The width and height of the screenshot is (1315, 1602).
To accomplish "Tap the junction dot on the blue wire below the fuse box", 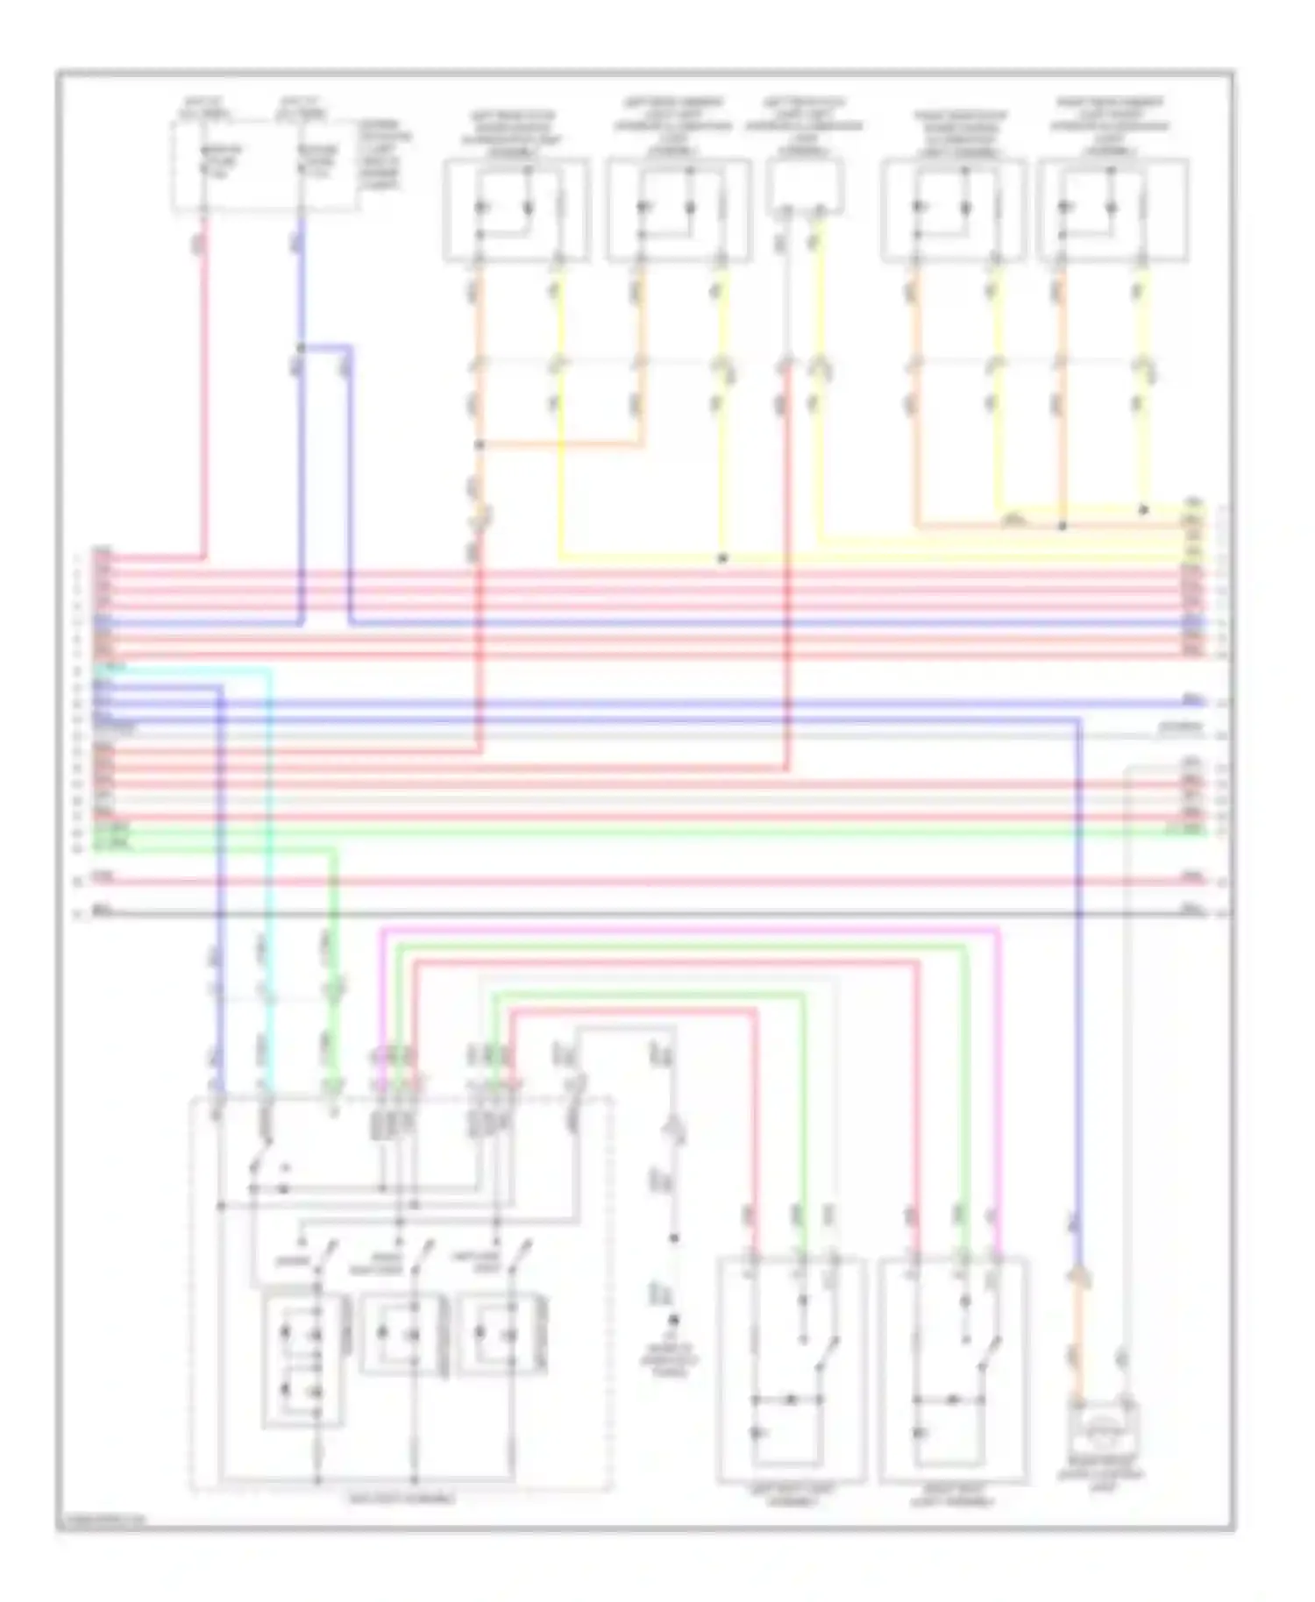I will point(302,348).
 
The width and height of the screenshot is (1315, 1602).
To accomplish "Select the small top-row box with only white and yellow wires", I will point(805,187).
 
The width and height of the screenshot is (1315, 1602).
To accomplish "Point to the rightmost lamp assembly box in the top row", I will point(1112,210).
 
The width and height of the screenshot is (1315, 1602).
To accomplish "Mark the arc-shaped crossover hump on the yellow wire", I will point(1014,521).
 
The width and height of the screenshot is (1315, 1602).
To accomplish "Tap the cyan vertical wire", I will point(267,876).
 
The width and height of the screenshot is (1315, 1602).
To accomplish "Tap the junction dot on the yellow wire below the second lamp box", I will point(722,557).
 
